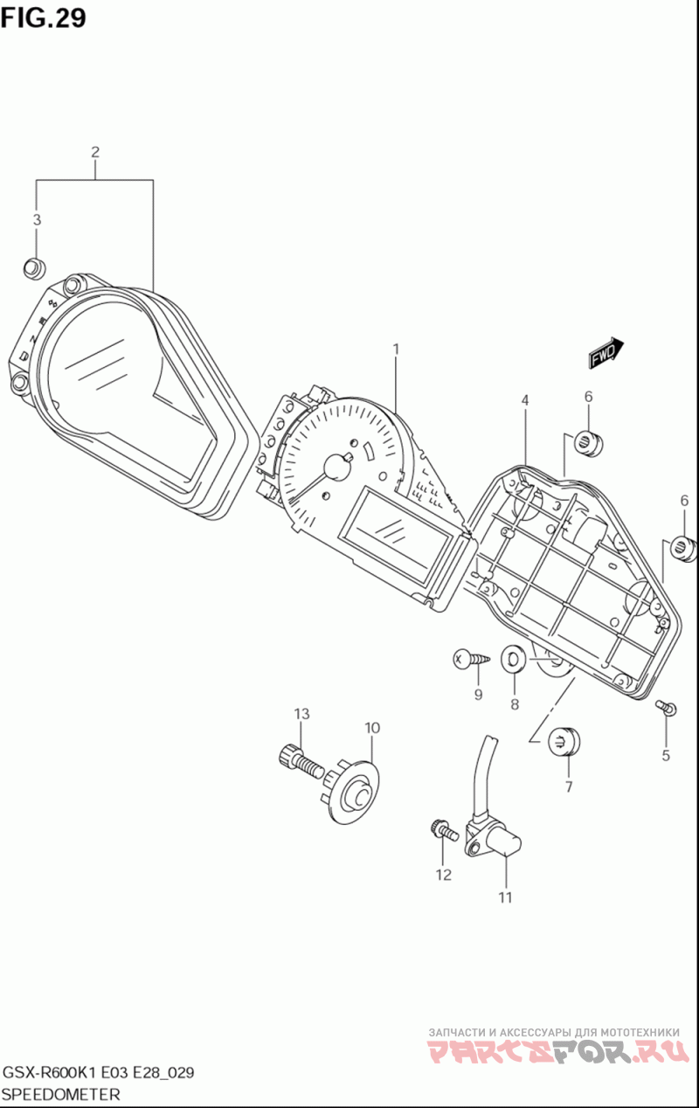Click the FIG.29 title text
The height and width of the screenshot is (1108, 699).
[x=44, y=17]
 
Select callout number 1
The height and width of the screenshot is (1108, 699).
[x=396, y=350]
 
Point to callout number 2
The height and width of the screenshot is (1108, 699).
[x=95, y=152]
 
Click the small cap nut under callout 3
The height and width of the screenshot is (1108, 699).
[x=34, y=267]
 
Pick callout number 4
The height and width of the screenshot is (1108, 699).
[x=525, y=400]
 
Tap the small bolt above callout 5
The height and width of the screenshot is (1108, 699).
[x=666, y=708]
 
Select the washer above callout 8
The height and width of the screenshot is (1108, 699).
[x=514, y=659]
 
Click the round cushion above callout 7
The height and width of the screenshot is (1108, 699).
[x=564, y=742]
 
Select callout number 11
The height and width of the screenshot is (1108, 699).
[x=506, y=897]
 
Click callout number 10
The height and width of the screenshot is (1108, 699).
[x=372, y=727]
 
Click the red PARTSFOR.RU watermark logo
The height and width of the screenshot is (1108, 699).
[x=559, y=1052]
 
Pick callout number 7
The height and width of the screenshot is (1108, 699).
[x=568, y=786]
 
